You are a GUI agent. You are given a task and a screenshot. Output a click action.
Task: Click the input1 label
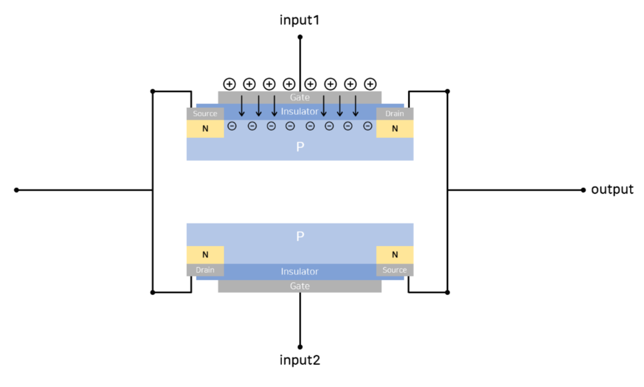click(300, 20)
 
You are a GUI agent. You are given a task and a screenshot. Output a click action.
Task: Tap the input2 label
click(300, 360)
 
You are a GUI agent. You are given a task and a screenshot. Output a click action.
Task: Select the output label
click(612, 190)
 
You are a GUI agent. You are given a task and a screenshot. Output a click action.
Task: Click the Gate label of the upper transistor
click(300, 98)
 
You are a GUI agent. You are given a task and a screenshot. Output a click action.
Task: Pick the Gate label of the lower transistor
click(300, 286)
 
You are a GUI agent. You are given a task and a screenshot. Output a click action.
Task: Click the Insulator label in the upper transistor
click(300, 111)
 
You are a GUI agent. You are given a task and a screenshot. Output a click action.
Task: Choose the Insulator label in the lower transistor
click(300, 272)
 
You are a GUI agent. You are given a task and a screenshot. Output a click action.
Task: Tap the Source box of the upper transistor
click(205, 113)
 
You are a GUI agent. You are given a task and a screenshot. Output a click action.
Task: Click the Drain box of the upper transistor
click(395, 113)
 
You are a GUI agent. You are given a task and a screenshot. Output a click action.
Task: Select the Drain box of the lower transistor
click(205, 270)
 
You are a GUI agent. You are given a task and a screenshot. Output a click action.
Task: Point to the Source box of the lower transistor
click(395, 270)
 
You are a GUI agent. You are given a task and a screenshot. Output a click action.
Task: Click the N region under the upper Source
click(205, 129)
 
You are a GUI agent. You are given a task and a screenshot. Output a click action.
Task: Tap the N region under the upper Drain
click(395, 129)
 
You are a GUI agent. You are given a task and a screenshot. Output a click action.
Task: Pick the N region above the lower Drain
click(205, 255)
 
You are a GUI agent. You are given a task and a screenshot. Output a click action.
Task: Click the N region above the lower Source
click(395, 255)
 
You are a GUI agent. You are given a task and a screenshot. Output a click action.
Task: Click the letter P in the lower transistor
click(300, 237)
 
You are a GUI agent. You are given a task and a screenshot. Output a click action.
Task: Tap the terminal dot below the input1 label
click(300, 37)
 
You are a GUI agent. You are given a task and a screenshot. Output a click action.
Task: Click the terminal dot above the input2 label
click(300, 346)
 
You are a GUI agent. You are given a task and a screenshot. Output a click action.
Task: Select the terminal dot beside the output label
click(583, 190)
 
